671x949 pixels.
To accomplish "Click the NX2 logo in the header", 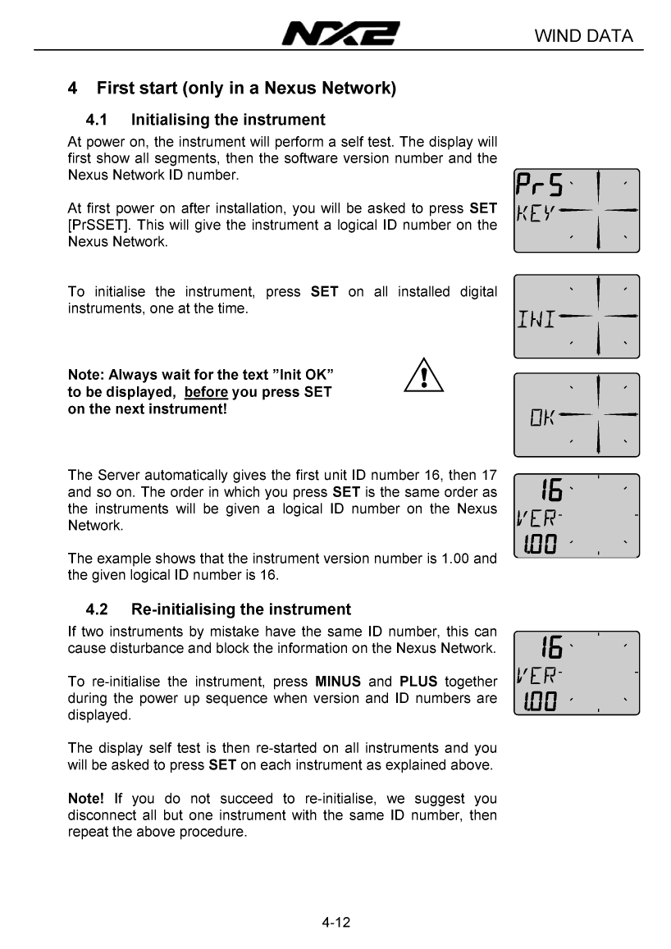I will click(x=340, y=35).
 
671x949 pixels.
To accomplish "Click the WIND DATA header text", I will click(x=583, y=36).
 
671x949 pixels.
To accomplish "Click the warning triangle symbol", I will click(x=424, y=376).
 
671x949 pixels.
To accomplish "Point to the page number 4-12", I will click(x=336, y=923).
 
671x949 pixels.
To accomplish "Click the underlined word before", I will click(x=206, y=392).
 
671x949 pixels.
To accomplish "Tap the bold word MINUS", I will click(x=338, y=682).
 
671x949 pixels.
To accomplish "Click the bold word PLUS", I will click(x=418, y=682).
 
